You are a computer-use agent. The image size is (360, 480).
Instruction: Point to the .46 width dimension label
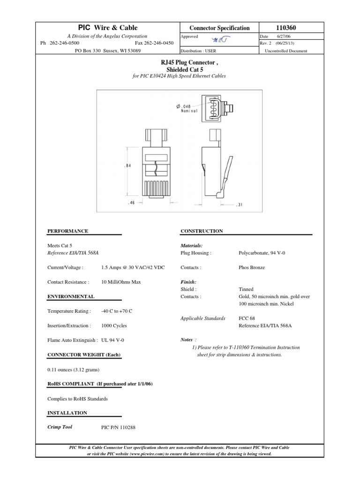pyautogui.click(x=131, y=203)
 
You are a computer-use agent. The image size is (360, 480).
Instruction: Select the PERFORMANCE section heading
pyautogui.click(x=68, y=231)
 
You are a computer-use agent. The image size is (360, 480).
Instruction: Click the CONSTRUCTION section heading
pyautogui.click(x=202, y=231)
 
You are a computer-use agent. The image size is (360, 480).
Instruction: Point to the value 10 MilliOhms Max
pyautogui.click(x=121, y=282)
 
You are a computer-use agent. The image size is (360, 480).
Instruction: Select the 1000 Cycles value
pyautogui.click(x=114, y=325)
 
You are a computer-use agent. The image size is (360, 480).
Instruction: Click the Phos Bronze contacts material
pyautogui.click(x=252, y=268)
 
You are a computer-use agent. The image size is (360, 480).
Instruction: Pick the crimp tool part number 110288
pyautogui.click(x=118, y=427)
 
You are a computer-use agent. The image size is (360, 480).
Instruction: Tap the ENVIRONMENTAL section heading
pyautogui.click(x=71, y=297)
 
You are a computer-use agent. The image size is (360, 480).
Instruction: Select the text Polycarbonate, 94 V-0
pyautogui.click(x=262, y=253)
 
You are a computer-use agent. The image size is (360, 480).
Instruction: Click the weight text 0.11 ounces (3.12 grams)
pyautogui.click(x=73, y=370)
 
